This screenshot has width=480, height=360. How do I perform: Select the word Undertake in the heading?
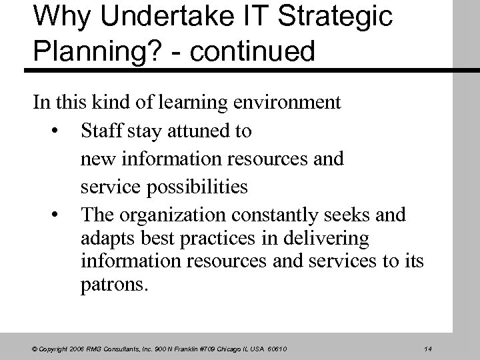[156, 17]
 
